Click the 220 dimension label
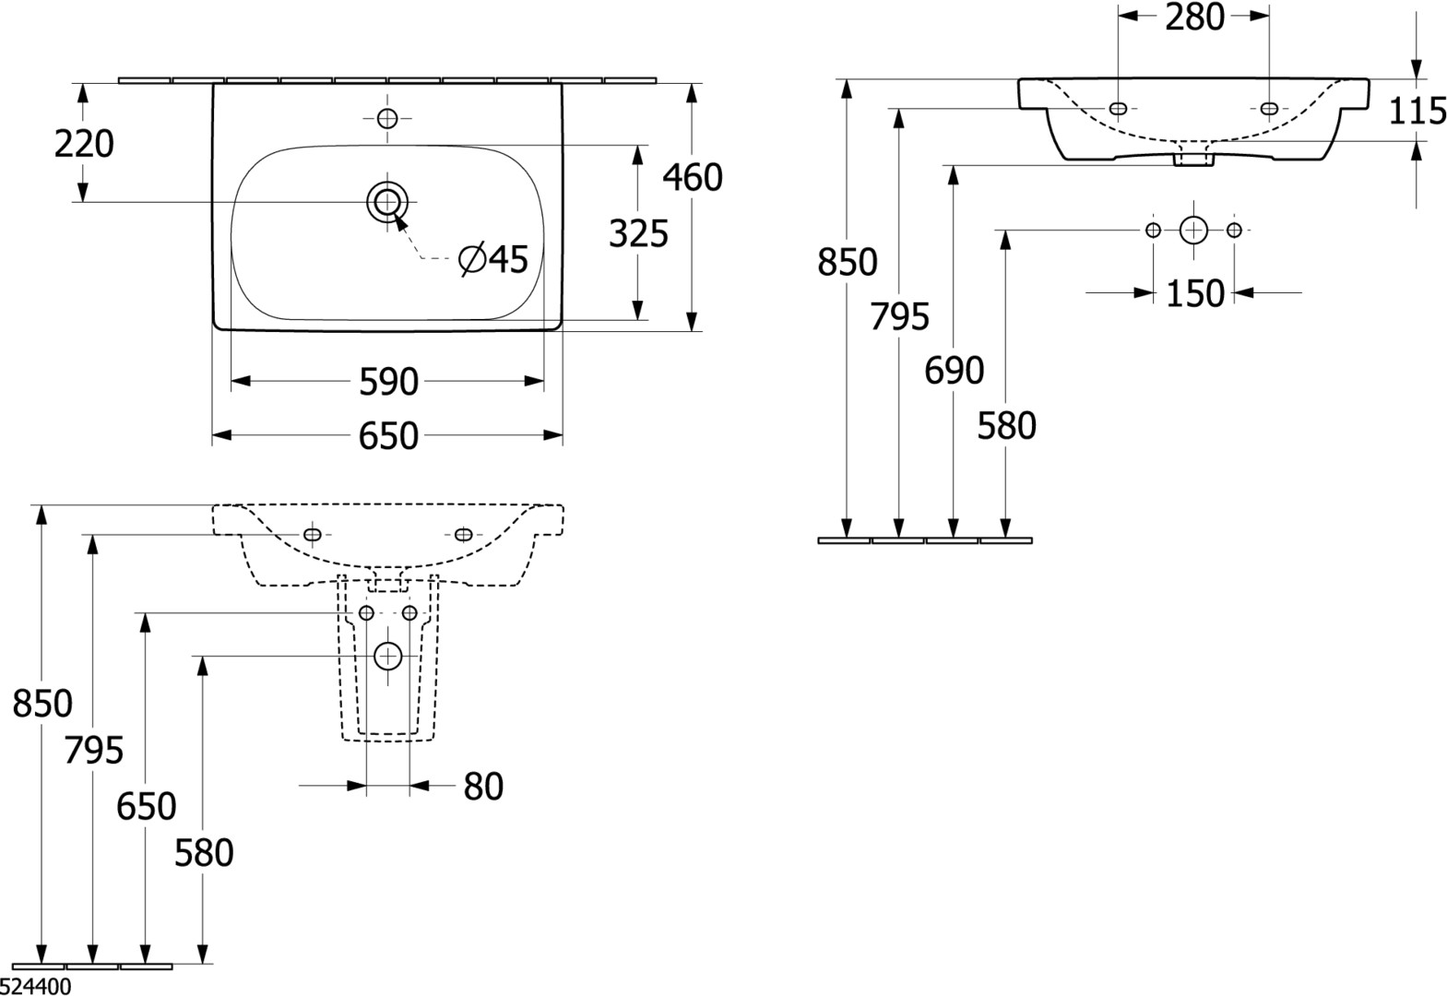tap(84, 143)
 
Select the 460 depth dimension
tap(693, 177)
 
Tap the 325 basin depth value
tap(638, 233)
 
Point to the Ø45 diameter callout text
tap(493, 259)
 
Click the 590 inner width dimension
tap(389, 382)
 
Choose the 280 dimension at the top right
tap(1194, 18)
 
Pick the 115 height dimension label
tap(1417, 111)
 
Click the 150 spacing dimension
tap(1195, 293)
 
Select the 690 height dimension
tap(955, 370)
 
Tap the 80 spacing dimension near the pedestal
tap(483, 787)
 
